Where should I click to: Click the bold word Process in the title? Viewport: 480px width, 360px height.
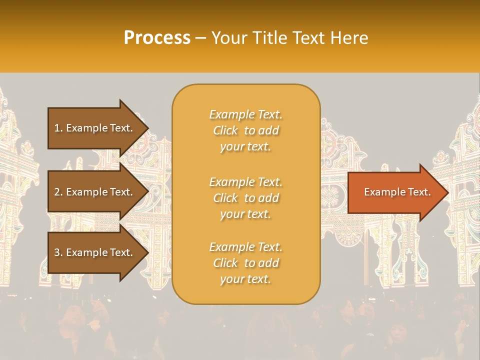157,38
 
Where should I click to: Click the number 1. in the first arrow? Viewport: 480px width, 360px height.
58,128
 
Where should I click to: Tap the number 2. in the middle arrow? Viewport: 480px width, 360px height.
58,192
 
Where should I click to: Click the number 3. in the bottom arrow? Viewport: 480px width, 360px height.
58,252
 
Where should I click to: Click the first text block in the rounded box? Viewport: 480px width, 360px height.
245,130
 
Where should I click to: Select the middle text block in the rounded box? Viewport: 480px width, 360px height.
245,198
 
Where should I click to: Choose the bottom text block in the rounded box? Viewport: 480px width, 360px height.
245,263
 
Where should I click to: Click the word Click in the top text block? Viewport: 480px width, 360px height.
225,130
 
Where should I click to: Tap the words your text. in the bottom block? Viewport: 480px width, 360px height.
245,279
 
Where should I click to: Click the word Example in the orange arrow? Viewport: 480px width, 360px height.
382,192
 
